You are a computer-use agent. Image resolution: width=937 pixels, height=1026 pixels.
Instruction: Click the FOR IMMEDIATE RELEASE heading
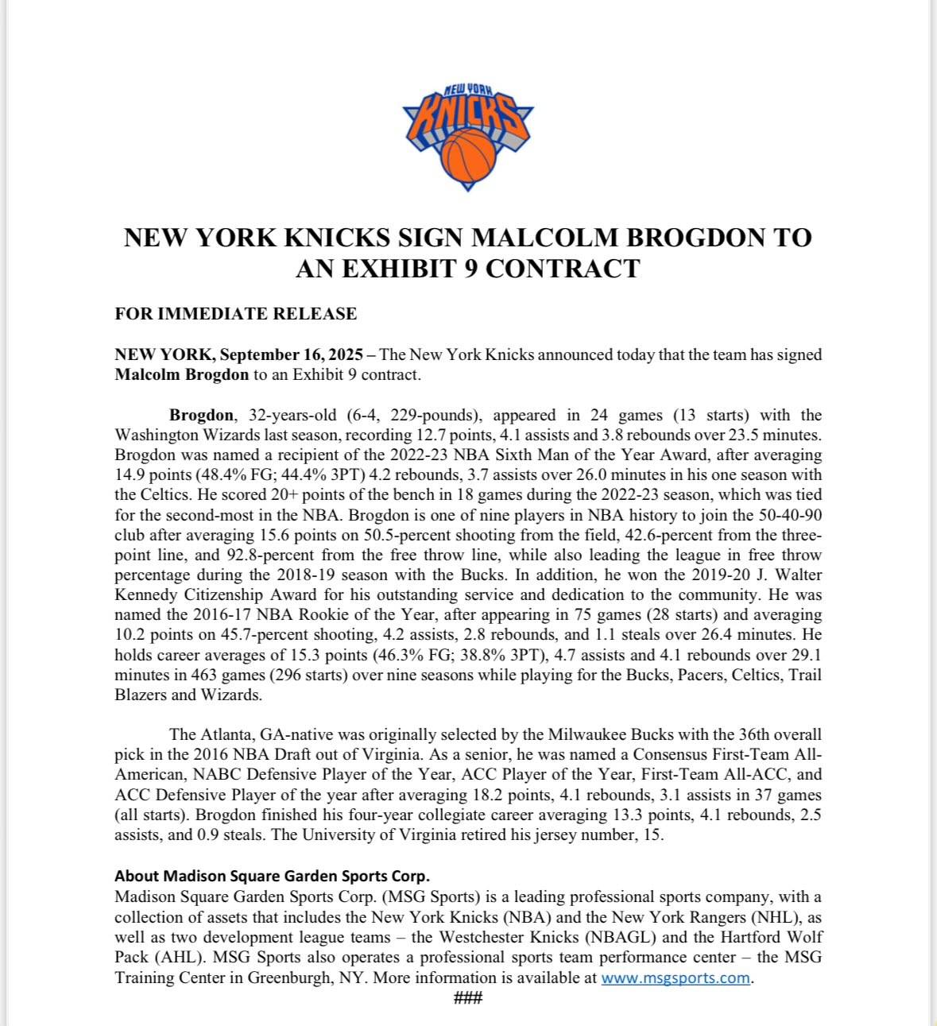pos(235,314)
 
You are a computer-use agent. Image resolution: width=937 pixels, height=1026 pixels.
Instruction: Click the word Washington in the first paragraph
pos(153,436)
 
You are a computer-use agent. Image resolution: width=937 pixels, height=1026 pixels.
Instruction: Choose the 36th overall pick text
pos(751,734)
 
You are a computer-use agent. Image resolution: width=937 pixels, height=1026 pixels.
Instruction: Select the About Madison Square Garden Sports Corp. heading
pos(272,876)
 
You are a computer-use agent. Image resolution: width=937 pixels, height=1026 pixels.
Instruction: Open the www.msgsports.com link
pos(676,978)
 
